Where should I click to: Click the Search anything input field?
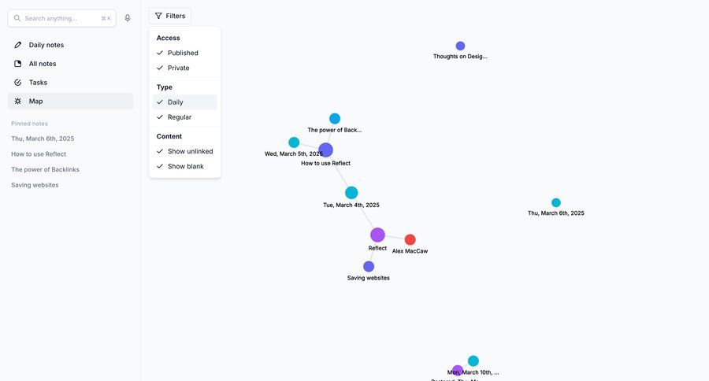55,18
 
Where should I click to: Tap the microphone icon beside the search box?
128,18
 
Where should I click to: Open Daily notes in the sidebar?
46,45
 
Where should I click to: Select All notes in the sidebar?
43,64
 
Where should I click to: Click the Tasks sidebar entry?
38,83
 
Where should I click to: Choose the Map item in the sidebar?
35,102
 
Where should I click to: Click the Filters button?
170,16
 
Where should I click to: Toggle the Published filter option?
183,53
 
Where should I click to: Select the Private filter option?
178,68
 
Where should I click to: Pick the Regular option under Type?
179,117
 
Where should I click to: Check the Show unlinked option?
190,151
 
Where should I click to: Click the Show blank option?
185,166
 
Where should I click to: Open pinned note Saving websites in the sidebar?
35,185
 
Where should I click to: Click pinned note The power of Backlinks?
45,169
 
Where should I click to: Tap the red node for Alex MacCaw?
410,240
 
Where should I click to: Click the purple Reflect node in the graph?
377,235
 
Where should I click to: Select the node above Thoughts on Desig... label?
460,46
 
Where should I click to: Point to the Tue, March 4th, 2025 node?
351,193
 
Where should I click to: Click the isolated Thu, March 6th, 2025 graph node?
556,203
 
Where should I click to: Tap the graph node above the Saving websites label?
369,267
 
